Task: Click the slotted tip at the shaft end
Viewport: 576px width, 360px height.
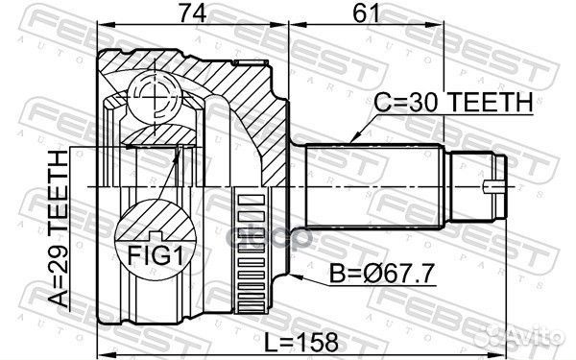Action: (494, 182)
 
